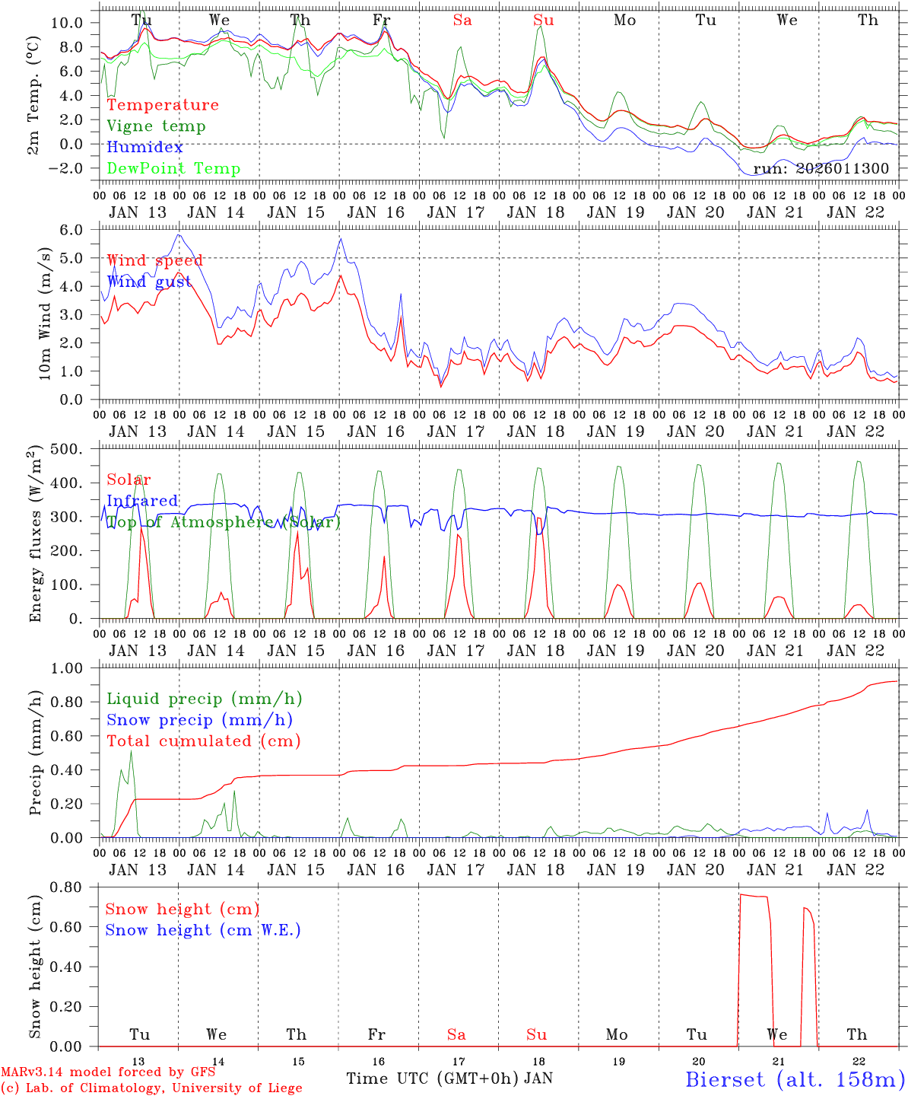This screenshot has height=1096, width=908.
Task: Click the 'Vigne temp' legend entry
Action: tap(156, 126)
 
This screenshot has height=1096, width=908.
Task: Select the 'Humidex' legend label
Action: tap(144, 147)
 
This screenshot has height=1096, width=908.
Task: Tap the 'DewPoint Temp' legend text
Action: tap(173, 168)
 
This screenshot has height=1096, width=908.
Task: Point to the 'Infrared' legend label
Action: tap(142, 501)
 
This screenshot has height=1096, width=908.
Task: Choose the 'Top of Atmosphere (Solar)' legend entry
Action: tap(223, 522)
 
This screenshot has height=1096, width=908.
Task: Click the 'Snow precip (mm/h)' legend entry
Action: tap(199, 720)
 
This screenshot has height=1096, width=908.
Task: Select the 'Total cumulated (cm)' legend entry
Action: tap(203, 741)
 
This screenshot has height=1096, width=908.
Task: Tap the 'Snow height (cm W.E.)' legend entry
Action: tap(203, 930)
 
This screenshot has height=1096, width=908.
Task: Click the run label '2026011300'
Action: tap(821, 168)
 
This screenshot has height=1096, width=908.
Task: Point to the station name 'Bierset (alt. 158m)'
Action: tap(795, 1078)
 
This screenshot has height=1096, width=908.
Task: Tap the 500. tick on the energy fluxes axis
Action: tap(78, 449)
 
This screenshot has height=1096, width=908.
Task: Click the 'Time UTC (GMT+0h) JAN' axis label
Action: tap(449, 1078)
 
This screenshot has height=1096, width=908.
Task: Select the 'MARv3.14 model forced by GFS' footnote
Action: tap(107, 1072)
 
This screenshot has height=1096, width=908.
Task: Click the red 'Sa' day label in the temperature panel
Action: tap(462, 20)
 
